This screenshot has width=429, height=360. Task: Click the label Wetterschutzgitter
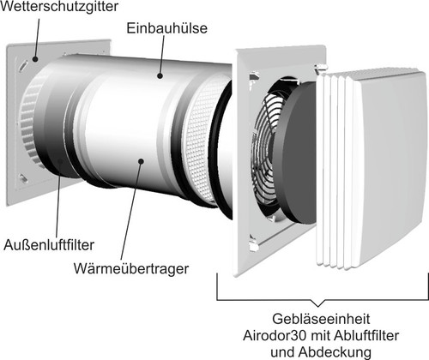pos(59,6)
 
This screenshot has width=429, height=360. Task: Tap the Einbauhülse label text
pos(166,28)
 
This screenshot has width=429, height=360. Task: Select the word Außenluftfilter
pos(49,245)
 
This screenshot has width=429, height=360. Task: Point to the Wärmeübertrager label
pos(131,268)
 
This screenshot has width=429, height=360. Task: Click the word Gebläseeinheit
pos(321,319)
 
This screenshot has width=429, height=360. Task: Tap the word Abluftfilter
pos(366,335)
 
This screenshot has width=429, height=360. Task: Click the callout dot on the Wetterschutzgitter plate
pos(35,59)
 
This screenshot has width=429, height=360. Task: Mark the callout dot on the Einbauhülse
pos(160,75)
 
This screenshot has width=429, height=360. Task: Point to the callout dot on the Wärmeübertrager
pos(141,161)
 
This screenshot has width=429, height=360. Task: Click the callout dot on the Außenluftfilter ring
pos(60,161)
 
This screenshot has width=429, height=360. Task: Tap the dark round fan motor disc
pos(299,153)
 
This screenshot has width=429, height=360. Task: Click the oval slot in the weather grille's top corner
pos(22,65)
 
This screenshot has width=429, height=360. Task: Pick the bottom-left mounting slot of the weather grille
pos(22,179)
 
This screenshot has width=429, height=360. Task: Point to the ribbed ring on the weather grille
pos(28,120)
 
